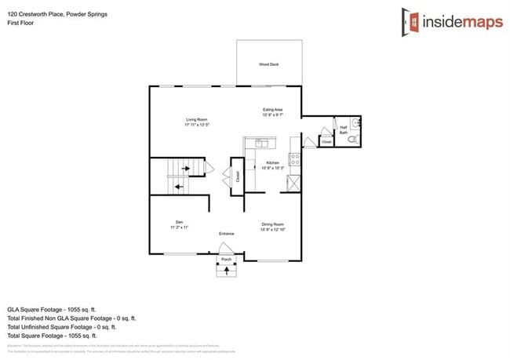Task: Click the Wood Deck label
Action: [x=269, y=64]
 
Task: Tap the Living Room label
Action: [x=196, y=122]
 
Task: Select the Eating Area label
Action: [x=272, y=111]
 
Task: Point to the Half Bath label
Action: [x=343, y=130]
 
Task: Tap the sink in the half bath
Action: [x=355, y=123]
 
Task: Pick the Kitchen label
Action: [x=271, y=165]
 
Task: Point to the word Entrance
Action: [x=227, y=234]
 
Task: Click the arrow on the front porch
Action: [x=227, y=271]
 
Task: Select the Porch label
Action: [x=227, y=259]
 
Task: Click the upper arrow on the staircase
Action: [x=187, y=167]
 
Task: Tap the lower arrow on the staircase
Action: [x=179, y=187]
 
